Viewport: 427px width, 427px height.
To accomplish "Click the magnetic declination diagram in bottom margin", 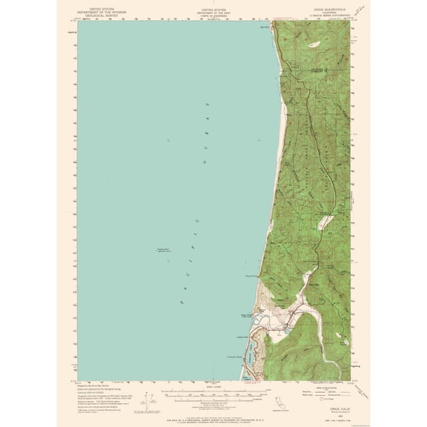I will point(147,406).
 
